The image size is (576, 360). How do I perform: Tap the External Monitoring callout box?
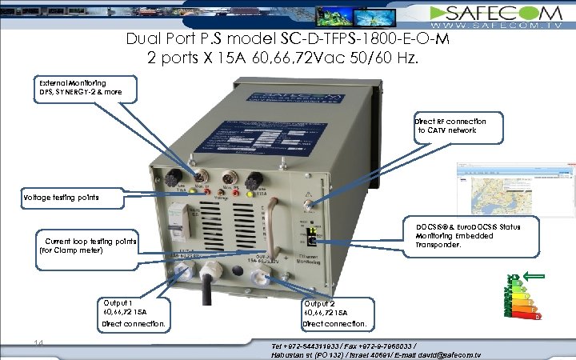(87, 89)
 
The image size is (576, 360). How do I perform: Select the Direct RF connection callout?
(457, 125)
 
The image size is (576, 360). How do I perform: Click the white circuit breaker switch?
(178, 219)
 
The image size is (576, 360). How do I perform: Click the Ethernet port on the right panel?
(312, 237)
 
